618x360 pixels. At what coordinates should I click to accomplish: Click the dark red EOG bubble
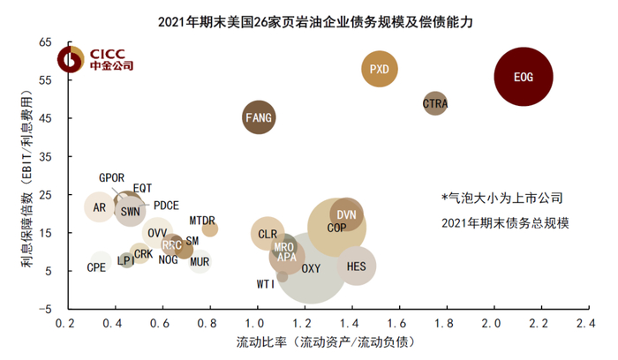tap(524, 77)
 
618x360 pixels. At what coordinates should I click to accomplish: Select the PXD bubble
tap(379, 69)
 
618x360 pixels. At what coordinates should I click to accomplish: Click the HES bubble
tap(357, 266)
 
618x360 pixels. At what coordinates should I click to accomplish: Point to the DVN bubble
tap(346, 214)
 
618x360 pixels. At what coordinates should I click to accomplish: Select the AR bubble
tap(100, 208)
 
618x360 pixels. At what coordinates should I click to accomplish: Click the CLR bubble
tap(267, 234)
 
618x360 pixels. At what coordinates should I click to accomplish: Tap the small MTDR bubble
tap(209, 229)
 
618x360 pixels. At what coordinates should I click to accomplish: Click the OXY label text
tap(311, 268)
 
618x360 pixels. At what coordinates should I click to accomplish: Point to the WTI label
tap(265, 284)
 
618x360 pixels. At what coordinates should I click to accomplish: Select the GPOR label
tap(112, 177)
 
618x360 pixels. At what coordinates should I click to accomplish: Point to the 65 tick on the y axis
tap(46, 42)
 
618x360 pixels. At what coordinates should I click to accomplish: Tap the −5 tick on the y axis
tap(44, 309)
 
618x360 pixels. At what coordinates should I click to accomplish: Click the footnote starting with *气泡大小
tap(501, 199)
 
